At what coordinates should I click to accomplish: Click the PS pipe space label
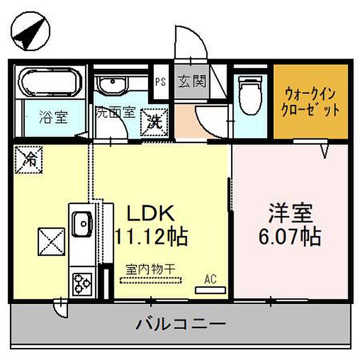coord(160,81)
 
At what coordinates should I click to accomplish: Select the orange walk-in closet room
coord(303,101)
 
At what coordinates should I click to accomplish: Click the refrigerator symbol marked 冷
coord(28,159)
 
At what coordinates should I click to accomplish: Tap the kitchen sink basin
coord(81,224)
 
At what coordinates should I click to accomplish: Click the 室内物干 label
coord(150,268)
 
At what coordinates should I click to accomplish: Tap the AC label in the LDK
coord(210,280)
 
